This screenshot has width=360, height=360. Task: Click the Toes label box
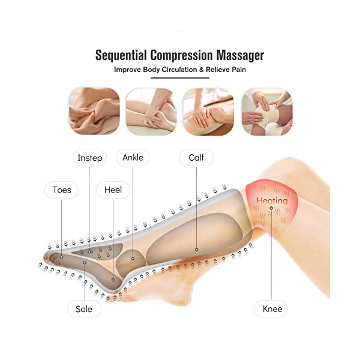pos(61,190)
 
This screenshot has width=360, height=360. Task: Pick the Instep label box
pos(90,158)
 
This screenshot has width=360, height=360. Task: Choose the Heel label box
pos(112,190)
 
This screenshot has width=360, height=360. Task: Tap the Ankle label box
pos(133,158)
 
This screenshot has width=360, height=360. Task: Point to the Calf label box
pos(197,158)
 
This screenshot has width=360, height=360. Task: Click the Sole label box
pos(84,309)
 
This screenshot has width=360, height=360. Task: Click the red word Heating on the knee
pos(272,200)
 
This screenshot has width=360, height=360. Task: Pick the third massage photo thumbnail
pos(208,112)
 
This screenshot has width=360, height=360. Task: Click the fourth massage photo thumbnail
pos(266,112)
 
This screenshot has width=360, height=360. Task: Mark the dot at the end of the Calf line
pos(197,247)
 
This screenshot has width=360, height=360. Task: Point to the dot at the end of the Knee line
pos(271,209)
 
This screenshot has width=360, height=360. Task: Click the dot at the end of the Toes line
pos(61,256)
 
